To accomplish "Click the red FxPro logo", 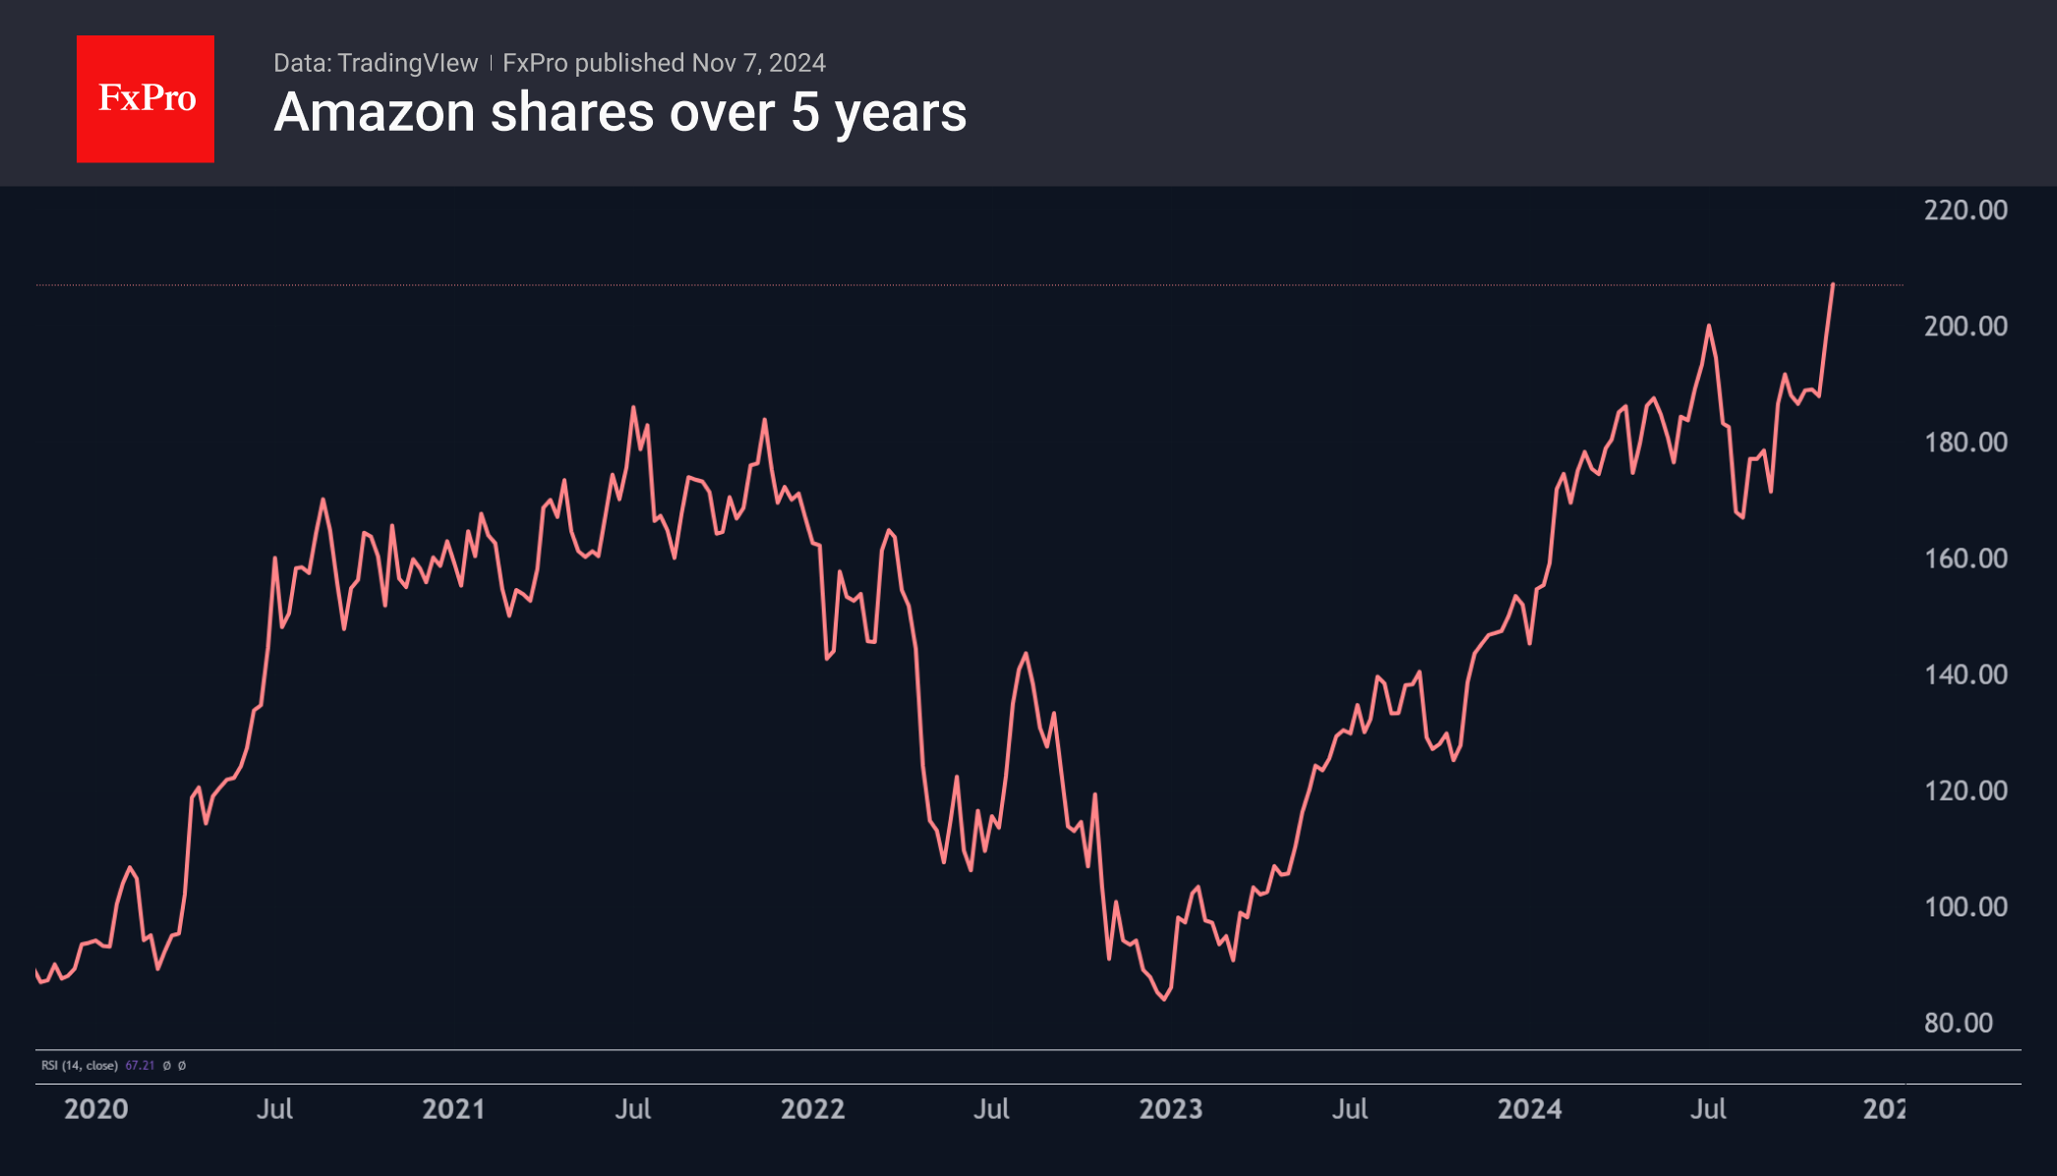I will tap(146, 98).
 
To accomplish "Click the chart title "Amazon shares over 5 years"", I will tap(619, 112).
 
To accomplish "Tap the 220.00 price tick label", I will tap(1965, 210).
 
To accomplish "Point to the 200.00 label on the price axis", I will tap(1965, 326).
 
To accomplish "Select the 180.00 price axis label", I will tap(1965, 442).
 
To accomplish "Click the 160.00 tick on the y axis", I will tap(1965, 559).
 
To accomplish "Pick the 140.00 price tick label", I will tap(1965, 675).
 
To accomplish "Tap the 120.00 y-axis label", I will tap(1965, 791).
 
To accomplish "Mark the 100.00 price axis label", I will tap(1965, 907).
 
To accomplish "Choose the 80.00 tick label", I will tap(1958, 1023).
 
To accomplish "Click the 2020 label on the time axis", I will tap(95, 1109).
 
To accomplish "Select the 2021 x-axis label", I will tap(453, 1109).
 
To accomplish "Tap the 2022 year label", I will tap(812, 1109).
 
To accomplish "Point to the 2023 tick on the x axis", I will tap(1170, 1109).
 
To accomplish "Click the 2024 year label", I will tap(1529, 1109).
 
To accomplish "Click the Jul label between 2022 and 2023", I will tap(991, 1109).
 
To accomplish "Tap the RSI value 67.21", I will tap(140, 1066).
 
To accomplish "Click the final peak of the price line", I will tap(1833, 284).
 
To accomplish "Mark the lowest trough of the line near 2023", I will tap(1165, 999).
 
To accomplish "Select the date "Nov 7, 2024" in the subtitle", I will tap(758, 63).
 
